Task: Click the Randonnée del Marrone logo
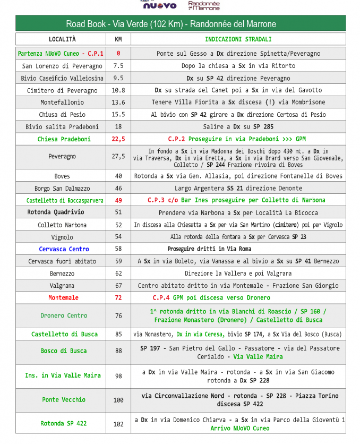tap(204, 5)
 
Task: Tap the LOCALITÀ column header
tap(62, 39)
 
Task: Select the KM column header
tap(118, 39)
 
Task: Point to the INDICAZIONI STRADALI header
tap(238, 39)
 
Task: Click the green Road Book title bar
tap(180, 24)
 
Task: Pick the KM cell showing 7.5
tap(118, 66)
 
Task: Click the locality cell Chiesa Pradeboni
tap(64, 139)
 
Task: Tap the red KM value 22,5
tap(118, 139)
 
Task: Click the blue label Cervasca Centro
tap(64, 249)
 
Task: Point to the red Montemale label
tap(63, 298)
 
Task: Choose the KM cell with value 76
tap(118, 316)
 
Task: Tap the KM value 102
tap(118, 424)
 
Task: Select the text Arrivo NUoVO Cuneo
tap(239, 428)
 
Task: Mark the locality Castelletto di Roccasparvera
tap(65, 200)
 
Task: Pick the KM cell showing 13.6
tap(118, 103)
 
